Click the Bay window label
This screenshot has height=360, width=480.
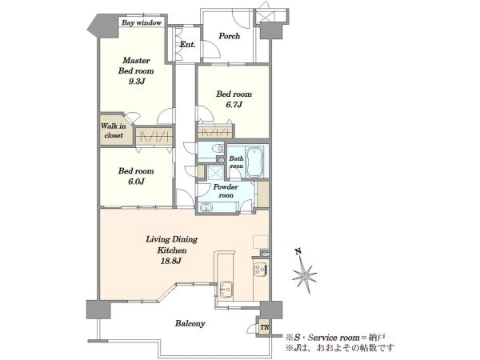pos(142,22)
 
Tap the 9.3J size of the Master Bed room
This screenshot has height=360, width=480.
pos(136,82)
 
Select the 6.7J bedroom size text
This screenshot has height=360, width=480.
pos(234,105)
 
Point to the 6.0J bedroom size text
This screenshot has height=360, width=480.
pos(136,182)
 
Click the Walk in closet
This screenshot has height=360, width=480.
pos(114,130)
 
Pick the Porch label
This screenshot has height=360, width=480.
pos(229,36)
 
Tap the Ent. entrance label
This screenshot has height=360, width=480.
pos(187,45)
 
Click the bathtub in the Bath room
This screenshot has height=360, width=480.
pos(254,162)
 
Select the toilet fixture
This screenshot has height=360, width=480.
pos(218,149)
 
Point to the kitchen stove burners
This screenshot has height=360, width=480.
pos(261,270)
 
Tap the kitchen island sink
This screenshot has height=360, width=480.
pos(226,288)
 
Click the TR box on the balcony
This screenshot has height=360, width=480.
pos(264,327)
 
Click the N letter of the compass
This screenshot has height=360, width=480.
pos(298,252)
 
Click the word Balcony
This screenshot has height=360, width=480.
pos(190,323)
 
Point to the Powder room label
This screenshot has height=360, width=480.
pos(226,191)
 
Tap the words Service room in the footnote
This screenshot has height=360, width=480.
pos(334,338)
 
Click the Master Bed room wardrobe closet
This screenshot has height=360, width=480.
pos(154,136)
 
